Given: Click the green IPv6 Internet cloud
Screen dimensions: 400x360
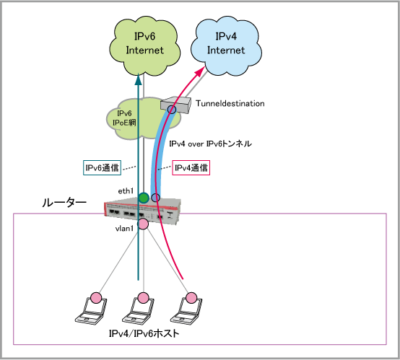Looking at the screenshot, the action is (144, 46).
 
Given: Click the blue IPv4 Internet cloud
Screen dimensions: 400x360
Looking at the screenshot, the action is (226, 46).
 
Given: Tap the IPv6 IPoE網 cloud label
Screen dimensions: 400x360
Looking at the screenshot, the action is (124, 118).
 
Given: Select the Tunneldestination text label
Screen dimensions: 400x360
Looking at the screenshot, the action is (230, 103).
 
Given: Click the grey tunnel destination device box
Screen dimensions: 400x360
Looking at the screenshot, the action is (176, 105).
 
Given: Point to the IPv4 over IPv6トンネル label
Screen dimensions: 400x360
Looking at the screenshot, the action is (210, 144).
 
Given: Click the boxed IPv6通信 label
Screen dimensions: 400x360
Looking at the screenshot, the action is (102, 167).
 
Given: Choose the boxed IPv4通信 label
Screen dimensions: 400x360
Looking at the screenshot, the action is (191, 167).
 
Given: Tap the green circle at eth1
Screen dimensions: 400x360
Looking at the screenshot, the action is (144, 198).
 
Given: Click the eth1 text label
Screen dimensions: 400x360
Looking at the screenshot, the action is (126, 191).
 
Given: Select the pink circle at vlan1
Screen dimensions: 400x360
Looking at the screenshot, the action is (143, 224).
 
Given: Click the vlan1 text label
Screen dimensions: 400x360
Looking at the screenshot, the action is (124, 229).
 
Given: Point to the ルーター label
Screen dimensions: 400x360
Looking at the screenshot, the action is (64, 203).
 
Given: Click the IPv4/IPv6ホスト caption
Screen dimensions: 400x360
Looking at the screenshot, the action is (144, 333).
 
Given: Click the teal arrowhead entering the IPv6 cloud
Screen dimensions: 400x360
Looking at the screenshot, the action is (138, 79).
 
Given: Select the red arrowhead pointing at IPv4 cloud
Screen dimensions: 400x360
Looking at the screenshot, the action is (200, 71).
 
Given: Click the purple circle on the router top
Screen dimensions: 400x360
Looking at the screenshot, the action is (156, 198).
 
